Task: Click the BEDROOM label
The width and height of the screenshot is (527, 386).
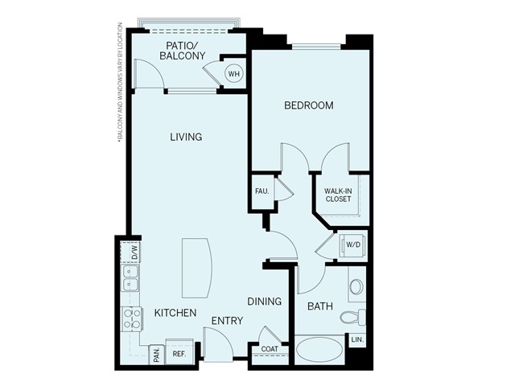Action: tap(309, 105)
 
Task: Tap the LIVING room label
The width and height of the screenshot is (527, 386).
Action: tap(186, 137)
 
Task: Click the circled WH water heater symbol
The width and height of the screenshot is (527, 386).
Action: tap(233, 74)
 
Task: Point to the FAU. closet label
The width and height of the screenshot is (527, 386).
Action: tap(261, 191)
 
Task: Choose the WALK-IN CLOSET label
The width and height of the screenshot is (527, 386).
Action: tap(338, 195)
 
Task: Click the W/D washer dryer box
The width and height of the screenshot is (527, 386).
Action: tap(353, 244)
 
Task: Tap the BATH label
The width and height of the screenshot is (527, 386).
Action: tap(320, 306)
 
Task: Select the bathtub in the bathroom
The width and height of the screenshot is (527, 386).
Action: tap(319, 350)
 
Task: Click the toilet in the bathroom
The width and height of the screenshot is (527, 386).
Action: tap(354, 316)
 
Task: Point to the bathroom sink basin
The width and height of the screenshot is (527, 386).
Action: tap(356, 287)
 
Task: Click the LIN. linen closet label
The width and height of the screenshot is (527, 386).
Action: tap(358, 341)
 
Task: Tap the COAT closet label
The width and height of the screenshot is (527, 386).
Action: tap(270, 349)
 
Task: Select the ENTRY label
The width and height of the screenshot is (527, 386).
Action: tap(227, 321)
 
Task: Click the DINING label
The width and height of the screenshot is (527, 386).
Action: tap(265, 302)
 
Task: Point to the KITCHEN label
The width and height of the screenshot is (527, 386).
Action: tap(175, 312)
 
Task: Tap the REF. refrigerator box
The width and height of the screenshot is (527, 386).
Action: tap(179, 353)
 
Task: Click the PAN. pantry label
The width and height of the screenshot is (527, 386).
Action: tap(157, 355)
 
